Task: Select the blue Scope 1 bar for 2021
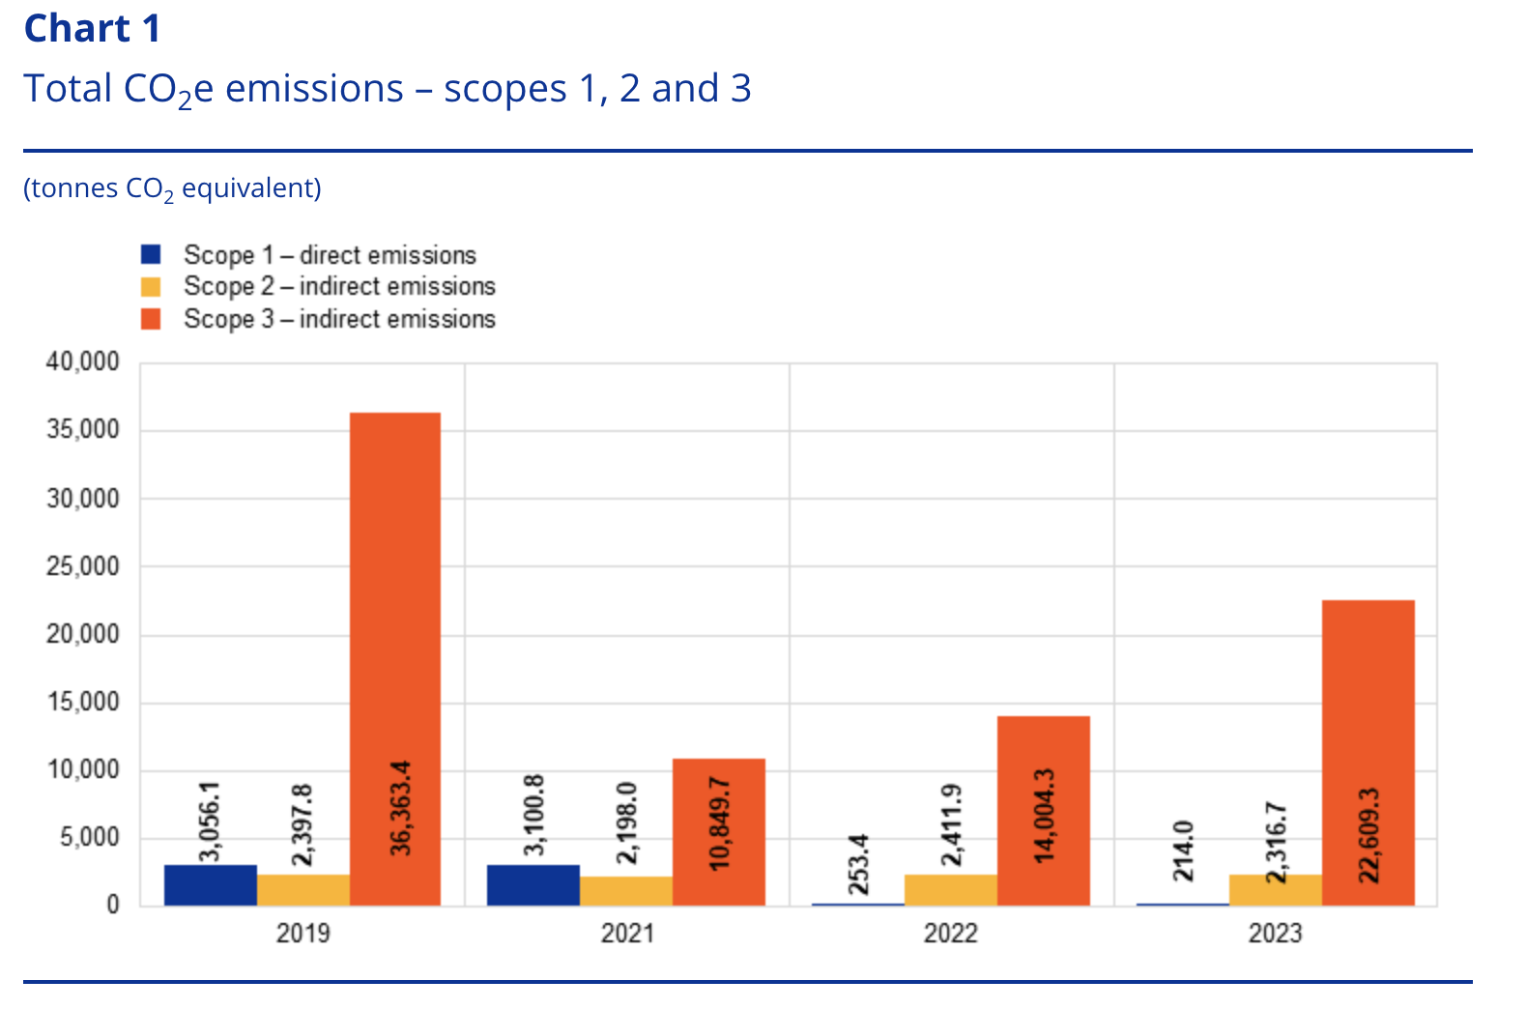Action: (533, 885)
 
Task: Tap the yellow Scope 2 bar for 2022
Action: (950, 890)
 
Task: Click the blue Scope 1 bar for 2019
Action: (210, 885)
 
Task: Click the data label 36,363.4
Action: (400, 808)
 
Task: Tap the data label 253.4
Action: (858, 864)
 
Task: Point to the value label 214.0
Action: (1183, 850)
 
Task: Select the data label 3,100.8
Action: (533, 814)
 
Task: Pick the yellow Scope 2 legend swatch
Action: (151, 287)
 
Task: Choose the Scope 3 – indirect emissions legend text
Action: (339, 319)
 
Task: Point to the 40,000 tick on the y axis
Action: (83, 362)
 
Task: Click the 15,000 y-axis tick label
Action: (83, 703)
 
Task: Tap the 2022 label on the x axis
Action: (950, 934)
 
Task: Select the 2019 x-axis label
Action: (303, 934)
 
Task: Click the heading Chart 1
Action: (92, 29)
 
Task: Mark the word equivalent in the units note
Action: (250, 187)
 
